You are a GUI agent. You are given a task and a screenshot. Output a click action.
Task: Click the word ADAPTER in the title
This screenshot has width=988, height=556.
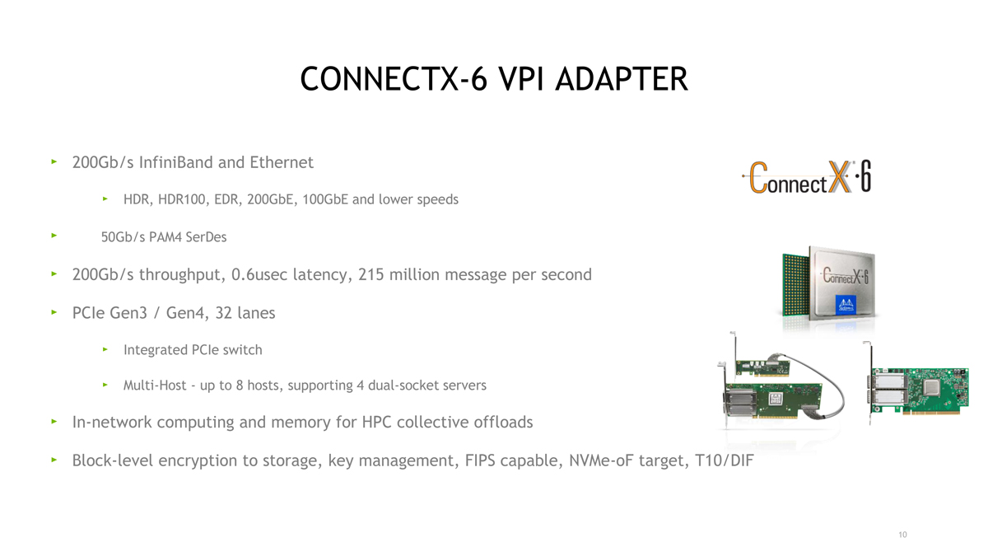coord(621,79)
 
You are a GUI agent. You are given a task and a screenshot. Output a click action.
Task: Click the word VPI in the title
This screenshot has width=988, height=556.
coord(520,79)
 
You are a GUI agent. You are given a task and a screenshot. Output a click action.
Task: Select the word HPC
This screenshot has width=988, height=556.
coord(376,423)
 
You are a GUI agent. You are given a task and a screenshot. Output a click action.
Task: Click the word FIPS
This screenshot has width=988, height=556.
coord(479,460)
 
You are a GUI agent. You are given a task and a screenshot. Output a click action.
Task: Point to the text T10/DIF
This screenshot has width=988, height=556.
coord(725,460)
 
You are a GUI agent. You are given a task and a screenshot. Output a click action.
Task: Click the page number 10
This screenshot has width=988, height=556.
coord(902,535)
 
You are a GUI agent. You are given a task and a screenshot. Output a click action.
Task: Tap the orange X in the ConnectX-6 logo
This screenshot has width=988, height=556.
coord(839,176)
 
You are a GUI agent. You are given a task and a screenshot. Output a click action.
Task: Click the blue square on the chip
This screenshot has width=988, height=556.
coord(846,305)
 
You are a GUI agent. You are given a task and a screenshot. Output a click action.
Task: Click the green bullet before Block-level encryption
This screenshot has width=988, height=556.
coord(54,460)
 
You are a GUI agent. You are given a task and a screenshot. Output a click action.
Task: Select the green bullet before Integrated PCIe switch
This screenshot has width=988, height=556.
coord(105,349)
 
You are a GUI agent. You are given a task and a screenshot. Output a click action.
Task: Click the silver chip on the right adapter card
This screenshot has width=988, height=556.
coord(931,387)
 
